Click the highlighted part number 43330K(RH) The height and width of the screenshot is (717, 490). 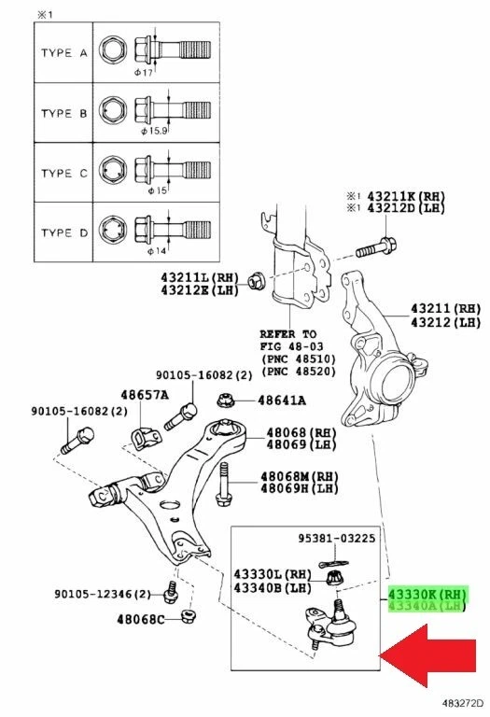click(x=427, y=593)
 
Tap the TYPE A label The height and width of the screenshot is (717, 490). click(x=63, y=53)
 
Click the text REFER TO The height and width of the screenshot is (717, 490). click(x=289, y=333)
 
